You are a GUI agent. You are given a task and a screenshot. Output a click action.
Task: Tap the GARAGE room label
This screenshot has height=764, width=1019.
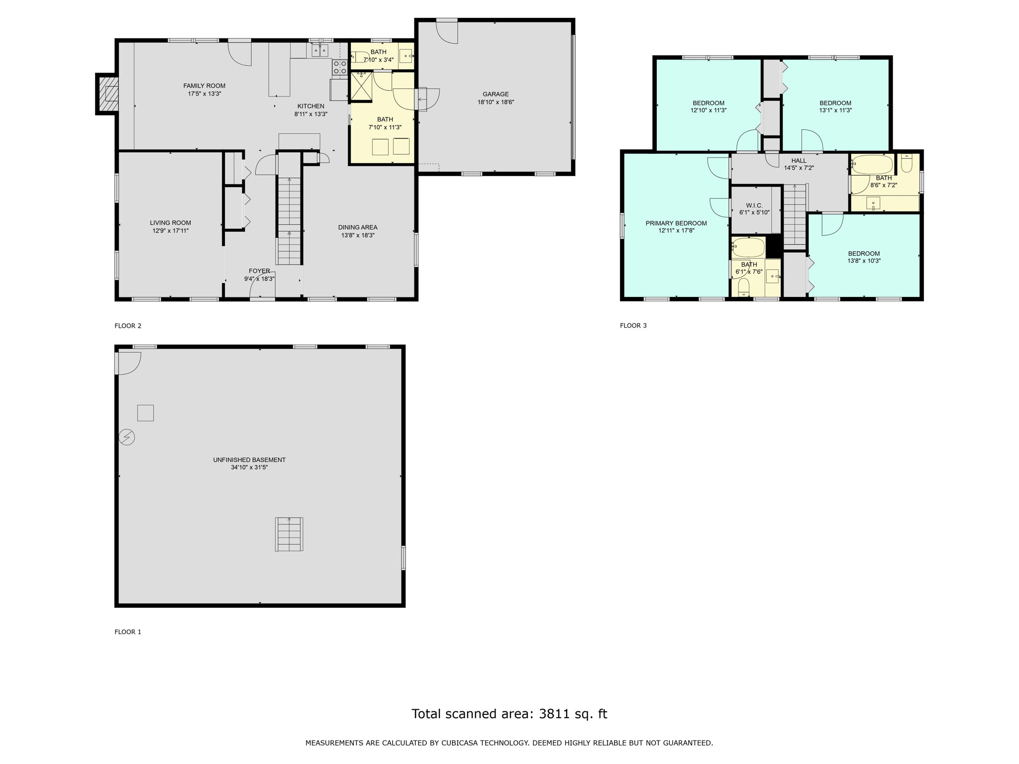point(496,94)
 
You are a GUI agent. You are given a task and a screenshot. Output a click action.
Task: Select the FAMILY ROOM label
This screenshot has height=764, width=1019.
point(204,86)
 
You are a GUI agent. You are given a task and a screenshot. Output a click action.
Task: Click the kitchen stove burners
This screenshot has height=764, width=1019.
point(340,68)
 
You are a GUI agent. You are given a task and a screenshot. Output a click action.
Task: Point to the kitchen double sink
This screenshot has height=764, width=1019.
point(320,50)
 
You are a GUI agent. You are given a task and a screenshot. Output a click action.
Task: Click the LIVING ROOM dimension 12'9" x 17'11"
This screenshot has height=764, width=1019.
point(171,231)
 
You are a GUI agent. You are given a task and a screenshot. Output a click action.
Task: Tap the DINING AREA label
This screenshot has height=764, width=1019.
point(358,227)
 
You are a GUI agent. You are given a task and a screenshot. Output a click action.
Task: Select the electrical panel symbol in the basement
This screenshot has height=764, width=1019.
point(127,437)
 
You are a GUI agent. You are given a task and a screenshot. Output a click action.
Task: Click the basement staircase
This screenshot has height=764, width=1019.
point(289,534)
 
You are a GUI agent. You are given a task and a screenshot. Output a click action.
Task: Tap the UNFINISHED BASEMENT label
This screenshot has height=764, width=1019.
point(249,460)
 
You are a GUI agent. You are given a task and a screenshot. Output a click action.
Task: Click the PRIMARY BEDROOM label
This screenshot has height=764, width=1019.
point(676,223)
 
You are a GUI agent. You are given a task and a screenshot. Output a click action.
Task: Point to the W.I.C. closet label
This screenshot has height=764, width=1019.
point(754,205)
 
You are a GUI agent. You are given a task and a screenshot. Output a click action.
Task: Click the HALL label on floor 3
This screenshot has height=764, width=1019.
point(799,161)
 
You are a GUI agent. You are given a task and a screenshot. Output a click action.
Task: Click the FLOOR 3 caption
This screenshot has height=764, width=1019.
point(633,326)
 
